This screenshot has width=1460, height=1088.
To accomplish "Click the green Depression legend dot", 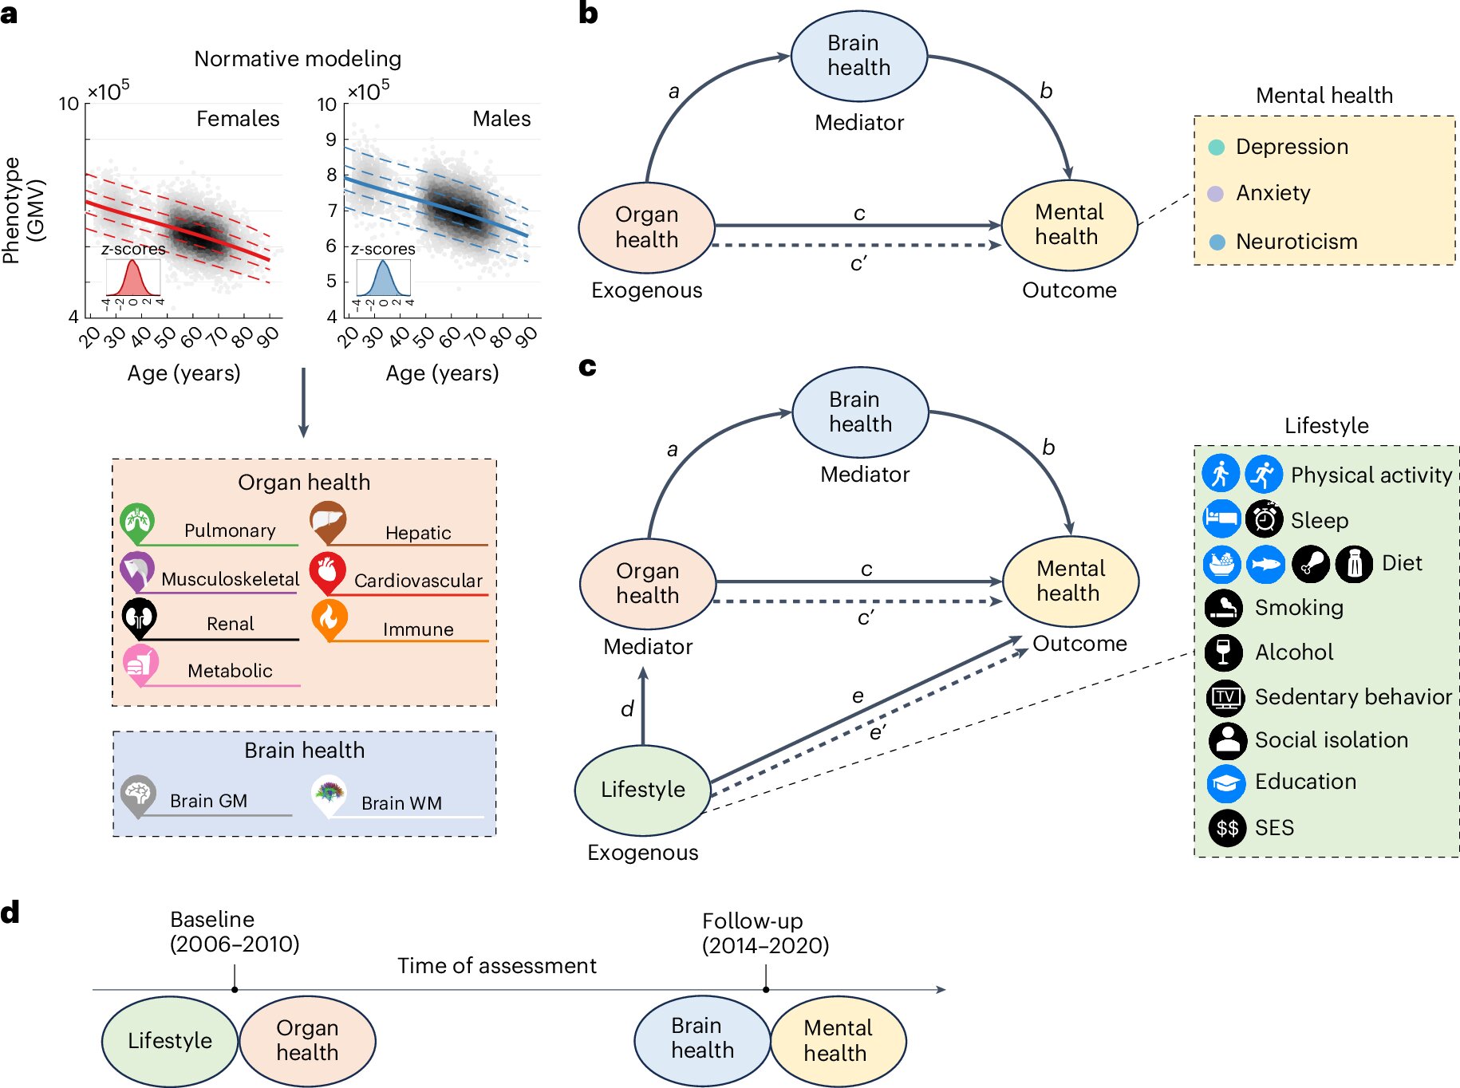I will click(1217, 148).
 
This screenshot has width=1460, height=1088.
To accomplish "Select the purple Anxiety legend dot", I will click(1216, 194).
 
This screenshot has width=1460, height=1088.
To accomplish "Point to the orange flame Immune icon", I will click(329, 618).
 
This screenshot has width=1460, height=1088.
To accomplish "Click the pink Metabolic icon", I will click(140, 664).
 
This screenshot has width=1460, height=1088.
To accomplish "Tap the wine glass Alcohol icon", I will click(1224, 652).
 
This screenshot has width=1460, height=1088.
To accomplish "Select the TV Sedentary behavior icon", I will click(1225, 697).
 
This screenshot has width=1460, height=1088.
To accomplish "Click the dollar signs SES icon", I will click(1227, 828).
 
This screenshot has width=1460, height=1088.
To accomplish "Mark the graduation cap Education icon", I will click(1226, 783).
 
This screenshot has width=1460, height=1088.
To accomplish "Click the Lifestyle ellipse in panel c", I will click(643, 790).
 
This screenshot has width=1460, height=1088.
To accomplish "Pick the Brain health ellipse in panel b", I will click(859, 56).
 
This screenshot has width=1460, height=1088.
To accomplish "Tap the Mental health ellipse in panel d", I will click(838, 1041).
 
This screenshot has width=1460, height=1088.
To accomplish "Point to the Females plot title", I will click(238, 119).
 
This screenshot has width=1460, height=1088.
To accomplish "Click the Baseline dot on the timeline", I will click(235, 990).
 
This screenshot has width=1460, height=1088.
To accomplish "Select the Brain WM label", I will click(401, 803).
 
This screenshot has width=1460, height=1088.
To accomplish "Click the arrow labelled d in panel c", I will click(643, 707).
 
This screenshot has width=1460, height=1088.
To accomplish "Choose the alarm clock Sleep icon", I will click(1264, 519).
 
